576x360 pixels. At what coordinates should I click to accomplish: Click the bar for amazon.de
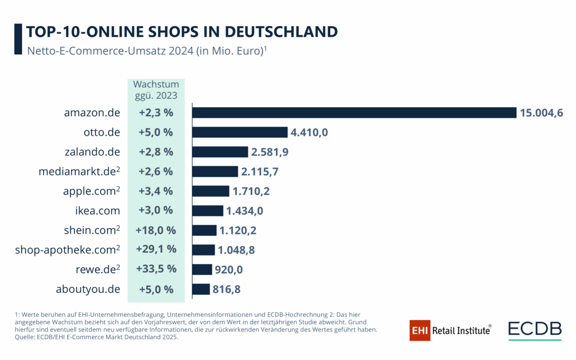coord(354,113)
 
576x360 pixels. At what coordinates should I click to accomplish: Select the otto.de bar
coord(239,132)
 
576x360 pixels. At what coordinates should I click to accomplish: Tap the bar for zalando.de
coord(220,152)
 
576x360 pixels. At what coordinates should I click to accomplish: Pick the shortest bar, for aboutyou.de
coord(201,289)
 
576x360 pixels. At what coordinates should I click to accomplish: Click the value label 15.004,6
coord(541,113)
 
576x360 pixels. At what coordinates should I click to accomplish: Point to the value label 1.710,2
coord(250,191)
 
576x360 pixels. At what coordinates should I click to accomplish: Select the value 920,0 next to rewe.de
coord(228,270)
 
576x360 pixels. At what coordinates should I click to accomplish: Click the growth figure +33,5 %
coord(156,269)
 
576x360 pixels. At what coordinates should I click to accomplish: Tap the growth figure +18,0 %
coord(156,230)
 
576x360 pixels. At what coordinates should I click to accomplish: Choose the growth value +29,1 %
coord(156,250)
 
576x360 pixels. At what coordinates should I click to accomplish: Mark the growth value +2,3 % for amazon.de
coord(156,113)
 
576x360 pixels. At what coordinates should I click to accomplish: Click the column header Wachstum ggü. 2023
coord(156,90)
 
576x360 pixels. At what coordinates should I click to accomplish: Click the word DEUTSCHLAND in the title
coord(281,31)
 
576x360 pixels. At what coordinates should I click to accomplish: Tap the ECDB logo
coord(534,330)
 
